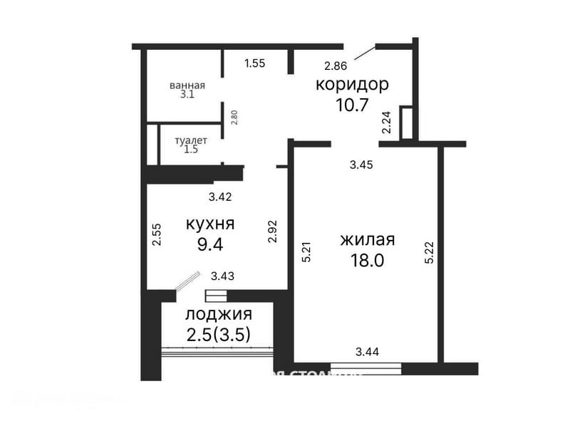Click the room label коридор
pyautogui.click(x=352, y=85)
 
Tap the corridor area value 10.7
pyautogui.click(x=352, y=105)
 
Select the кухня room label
pyautogui.click(x=210, y=224)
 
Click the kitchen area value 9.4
pyautogui.click(x=210, y=245)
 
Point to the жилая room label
pyautogui.click(x=368, y=239)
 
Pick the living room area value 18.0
pyautogui.click(x=368, y=260)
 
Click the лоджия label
pyautogui.click(x=218, y=314)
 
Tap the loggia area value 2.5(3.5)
pyautogui.click(x=218, y=334)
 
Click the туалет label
pyautogui.click(x=192, y=140)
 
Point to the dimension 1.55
pyautogui.click(x=254, y=63)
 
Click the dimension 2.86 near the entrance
pyautogui.click(x=335, y=66)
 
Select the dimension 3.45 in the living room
pyautogui.click(x=362, y=165)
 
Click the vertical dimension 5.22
pyautogui.click(x=429, y=251)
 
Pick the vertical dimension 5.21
pyautogui.click(x=306, y=251)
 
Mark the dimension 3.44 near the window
pyautogui.click(x=368, y=351)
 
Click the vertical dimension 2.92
pyautogui.click(x=272, y=231)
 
